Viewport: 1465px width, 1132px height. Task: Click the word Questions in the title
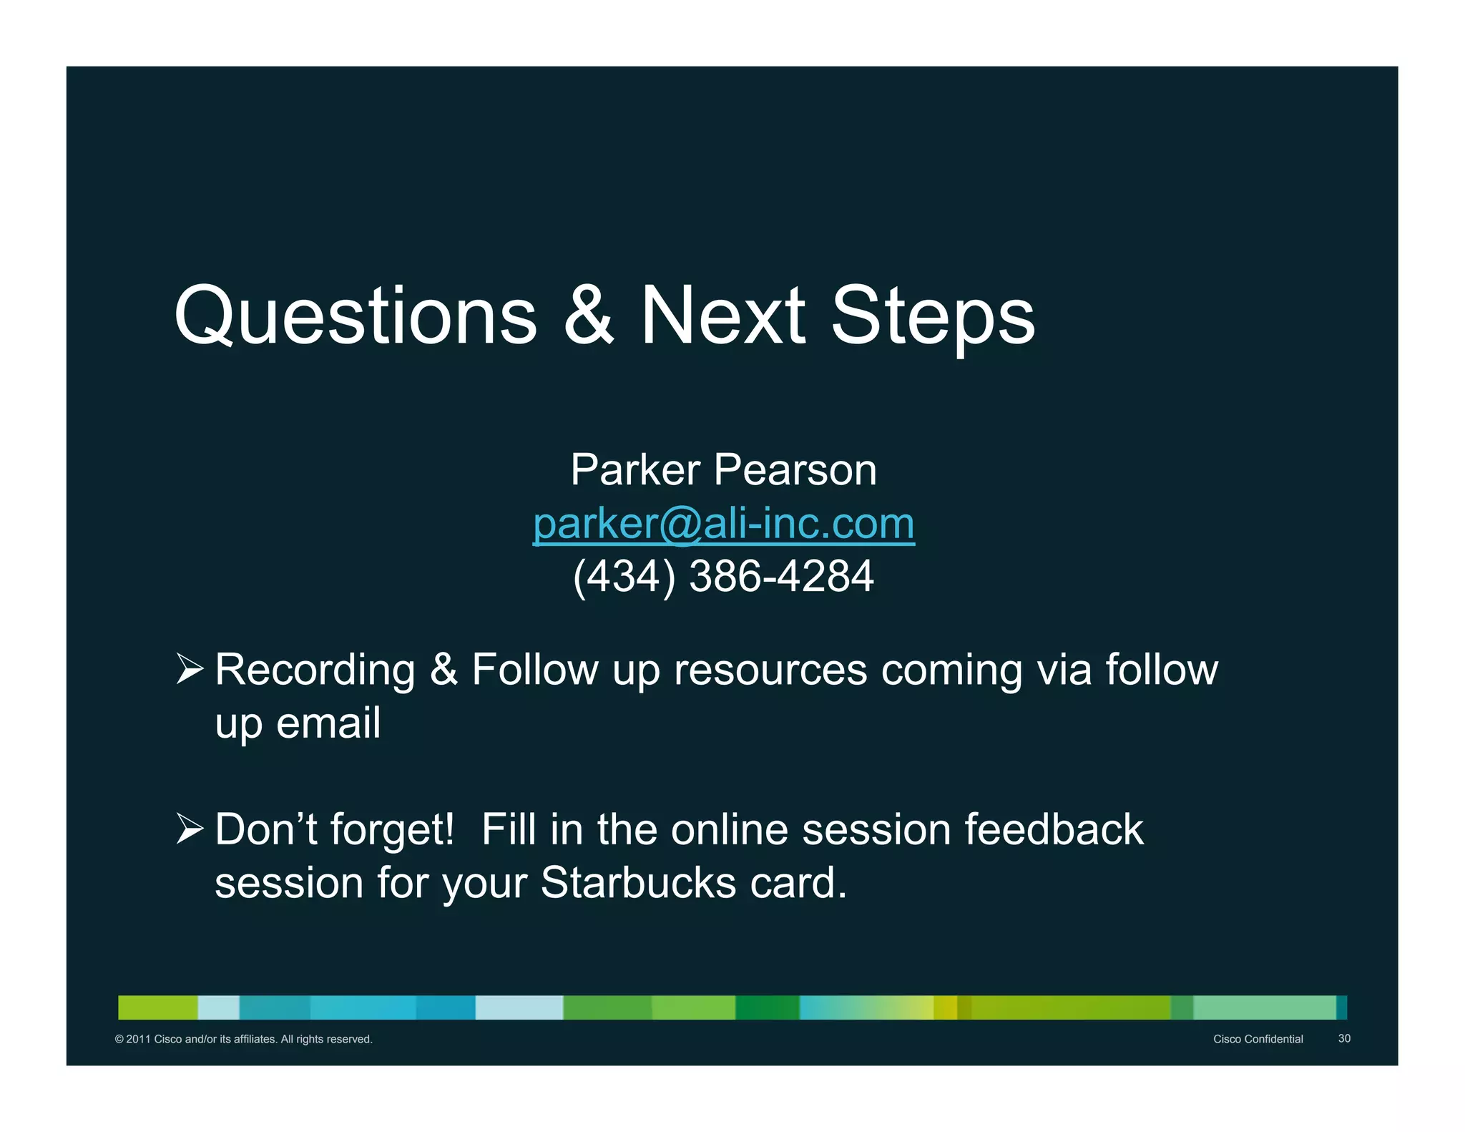click(x=356, y=316)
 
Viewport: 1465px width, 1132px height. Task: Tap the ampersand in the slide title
click(x=589, y=316)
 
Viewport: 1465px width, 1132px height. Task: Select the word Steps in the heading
click(x=933, y=316)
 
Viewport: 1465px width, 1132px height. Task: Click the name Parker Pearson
click(x=723, y=470)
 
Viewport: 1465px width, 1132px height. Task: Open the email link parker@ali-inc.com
click(x=723, y=524)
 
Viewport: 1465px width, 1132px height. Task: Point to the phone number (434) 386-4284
click(x=723, y=576)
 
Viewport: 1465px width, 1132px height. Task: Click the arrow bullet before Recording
click(x=190, y=670)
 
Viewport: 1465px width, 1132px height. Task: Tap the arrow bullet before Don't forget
click(x=190, y=829)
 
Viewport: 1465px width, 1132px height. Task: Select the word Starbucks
click(x=638, y=882)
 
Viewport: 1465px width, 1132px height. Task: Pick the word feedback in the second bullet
click(x=1054, y=829)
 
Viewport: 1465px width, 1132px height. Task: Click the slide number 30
click(x=1344, y=1038)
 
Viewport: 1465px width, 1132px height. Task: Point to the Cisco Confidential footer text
click(x=1258, y=1039)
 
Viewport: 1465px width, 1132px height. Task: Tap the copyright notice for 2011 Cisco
click(x=243, y=1039)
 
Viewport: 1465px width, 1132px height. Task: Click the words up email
click(x=298, y=723)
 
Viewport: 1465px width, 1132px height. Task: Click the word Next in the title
click(x=722, y=316)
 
